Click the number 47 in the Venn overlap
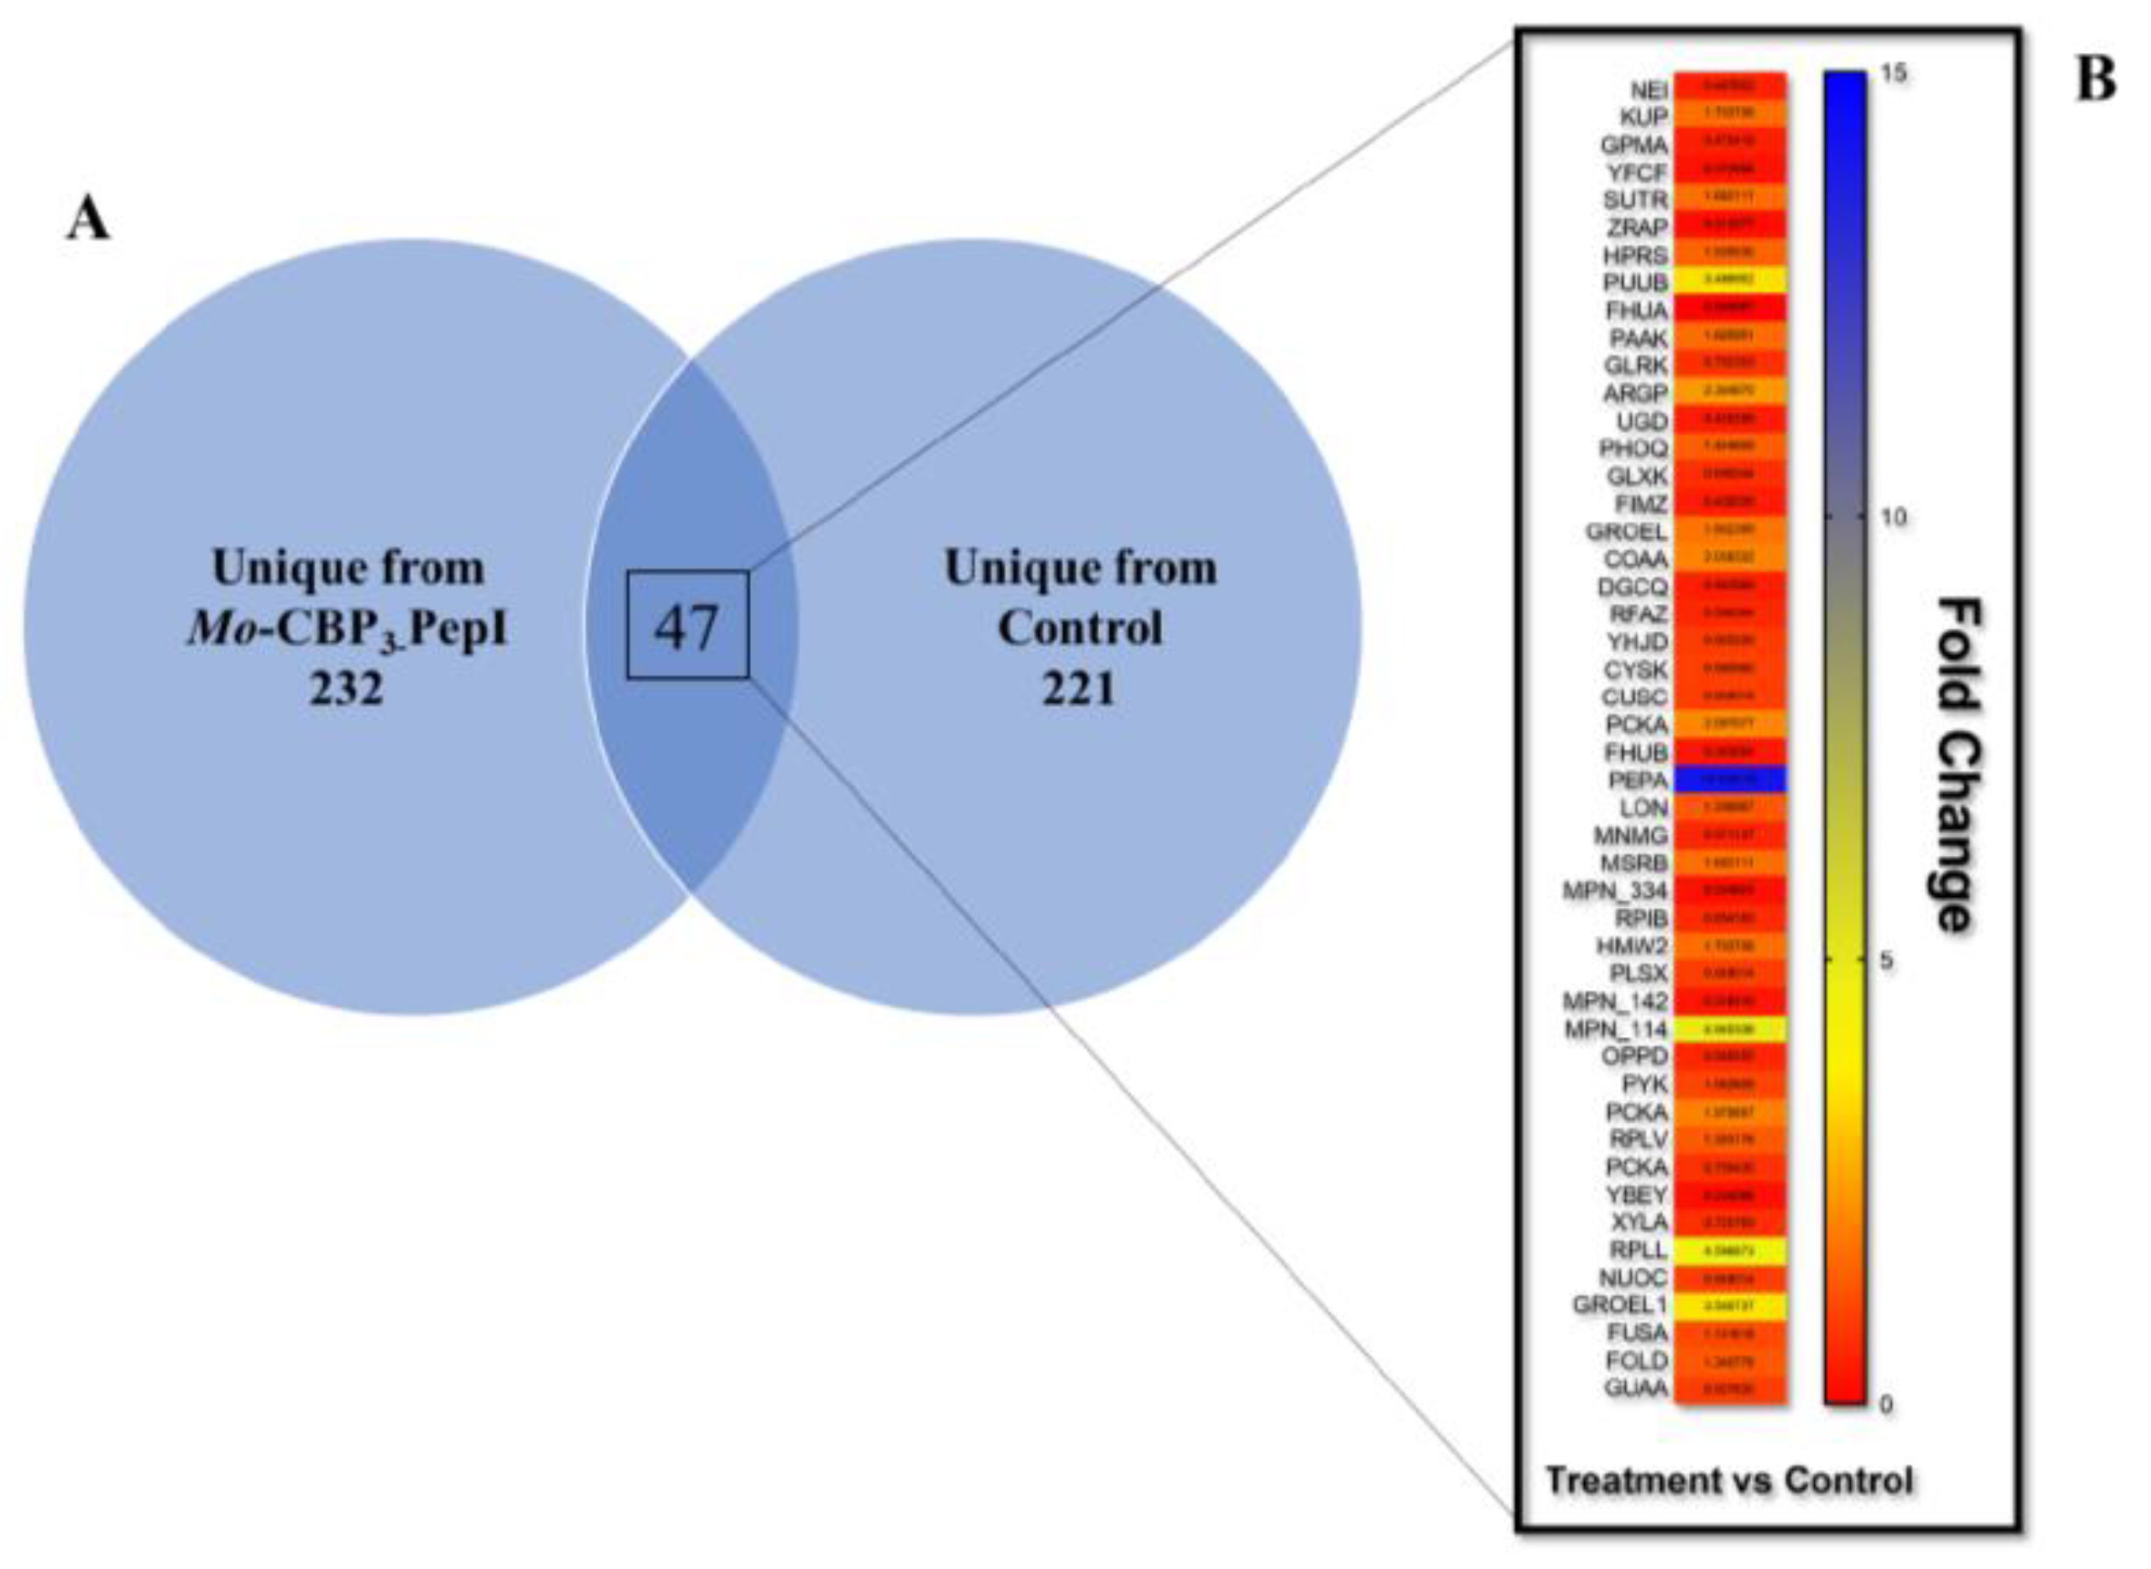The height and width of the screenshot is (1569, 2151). click(686, 627)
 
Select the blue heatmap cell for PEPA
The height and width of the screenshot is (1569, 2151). click(1729, 779)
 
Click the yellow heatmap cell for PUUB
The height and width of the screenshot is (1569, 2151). click(1729, 281)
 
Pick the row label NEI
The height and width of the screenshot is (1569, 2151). click(1649, 90)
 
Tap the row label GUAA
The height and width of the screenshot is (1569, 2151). click(1635, 1388)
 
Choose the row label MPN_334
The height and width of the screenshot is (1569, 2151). click(1615, 891)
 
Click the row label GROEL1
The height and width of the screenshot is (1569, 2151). click(1619, 1305)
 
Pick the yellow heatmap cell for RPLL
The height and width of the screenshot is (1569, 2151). click(1729, 1251)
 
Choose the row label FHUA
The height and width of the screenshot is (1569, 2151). click(1637, 310)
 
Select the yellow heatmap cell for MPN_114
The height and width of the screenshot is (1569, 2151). click(1729, 1028)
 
